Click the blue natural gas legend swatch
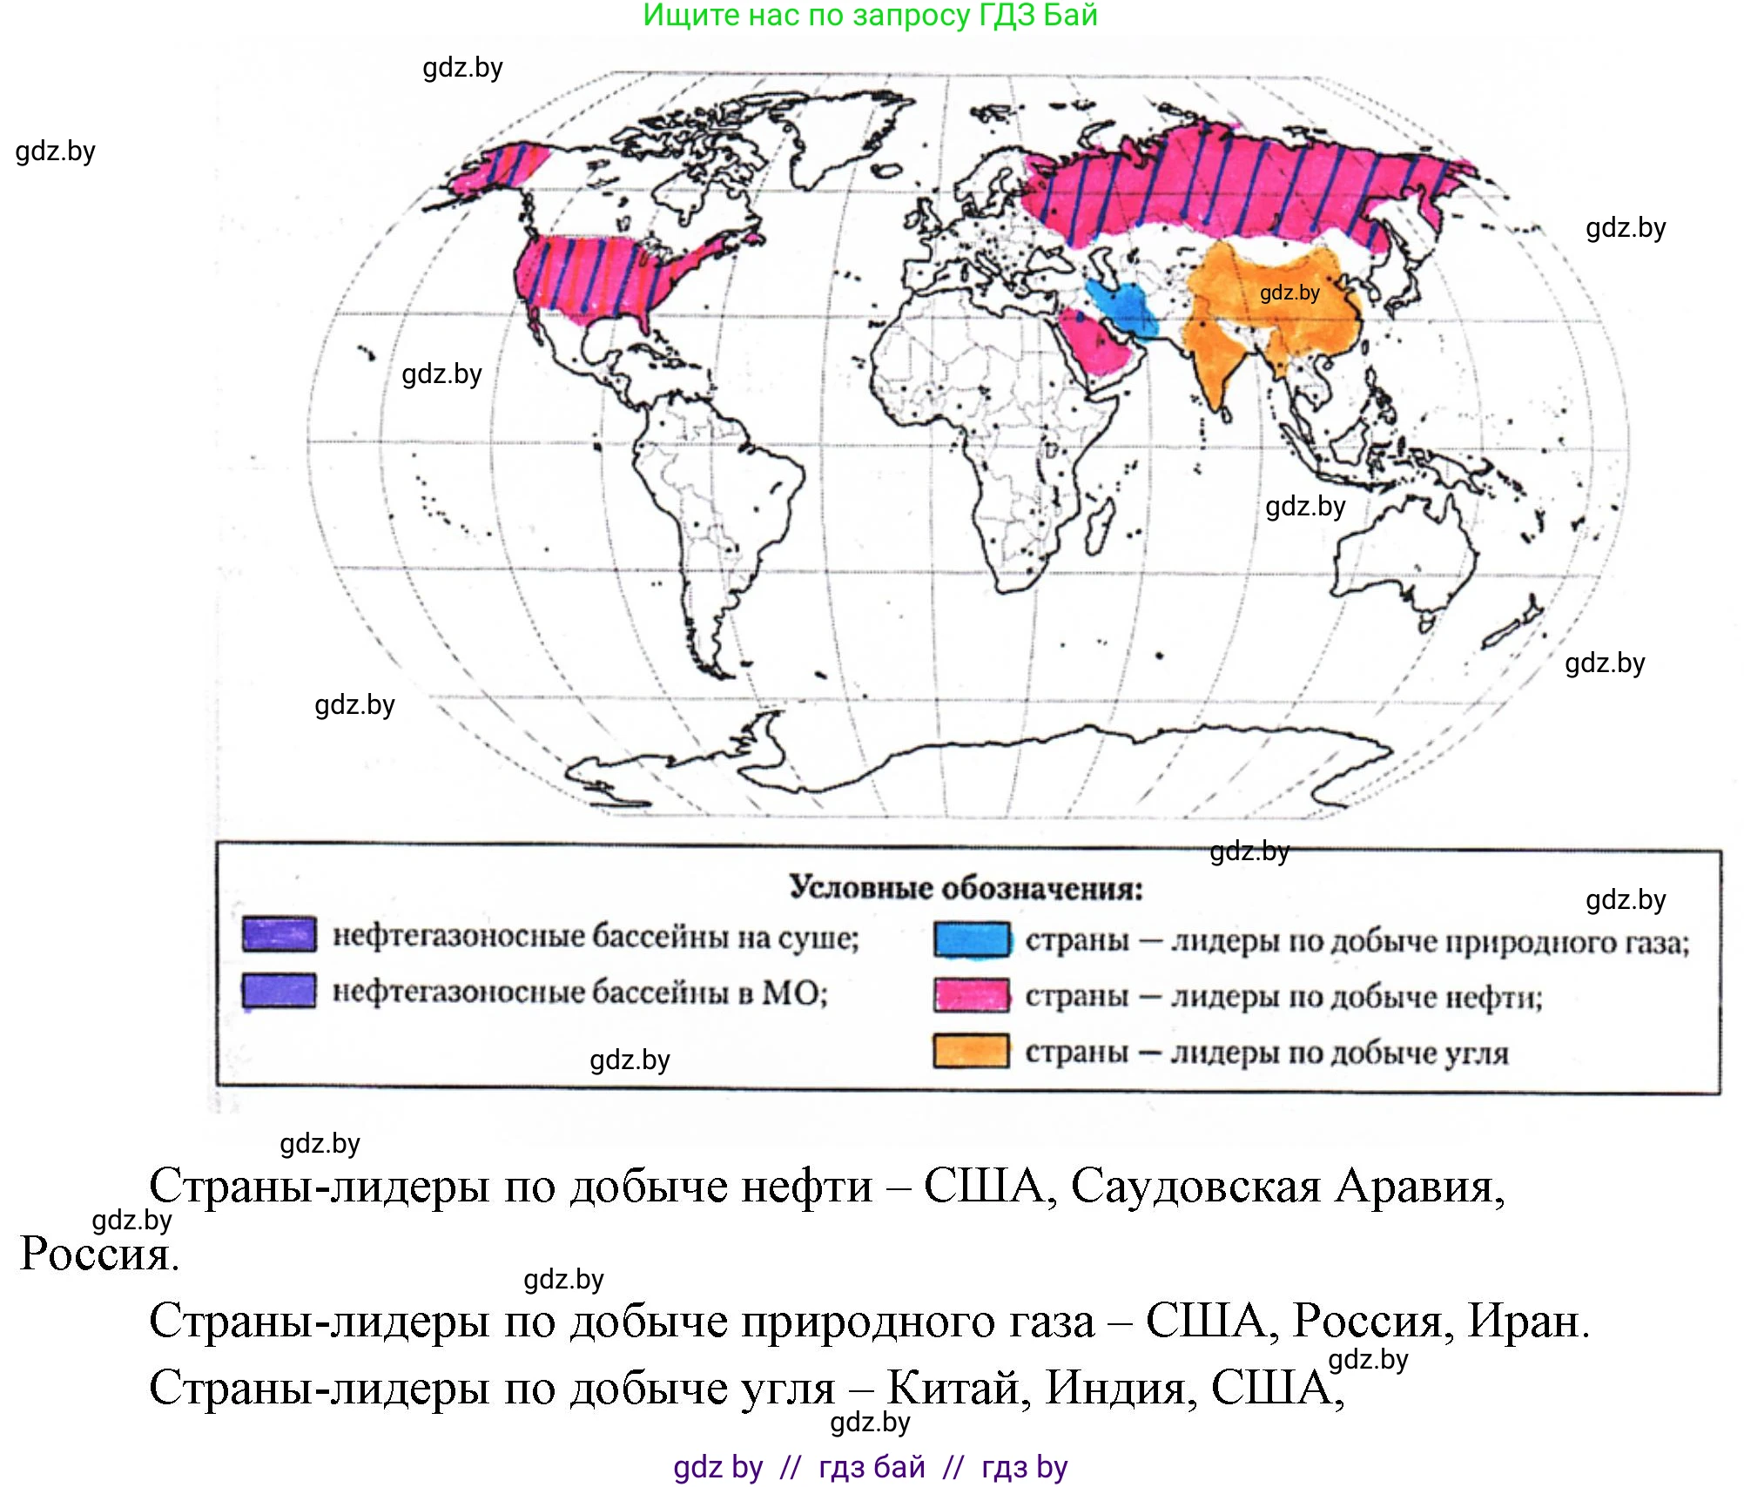coord(972,940)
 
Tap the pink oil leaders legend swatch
coord(972,995)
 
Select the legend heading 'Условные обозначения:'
coord(966,888)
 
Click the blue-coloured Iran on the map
coord(1123,305)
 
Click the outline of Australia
coord(1402,557)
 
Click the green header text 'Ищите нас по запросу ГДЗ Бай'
coord(870,15)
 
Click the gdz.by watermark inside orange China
coord(1289,293)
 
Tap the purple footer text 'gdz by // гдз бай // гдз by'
coord(870,1467)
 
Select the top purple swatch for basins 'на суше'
coord(279,934)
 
